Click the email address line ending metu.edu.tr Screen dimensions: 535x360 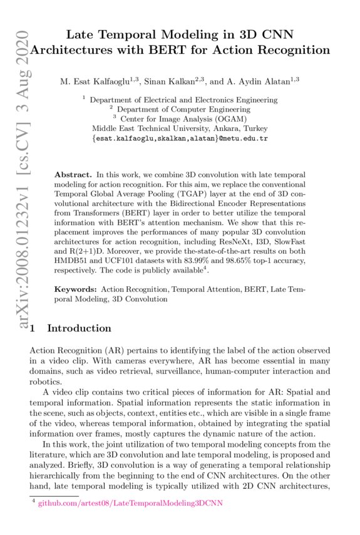180,137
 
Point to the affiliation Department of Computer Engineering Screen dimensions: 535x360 185,108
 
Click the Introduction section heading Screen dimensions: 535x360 79,328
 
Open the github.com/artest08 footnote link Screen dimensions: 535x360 130,503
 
